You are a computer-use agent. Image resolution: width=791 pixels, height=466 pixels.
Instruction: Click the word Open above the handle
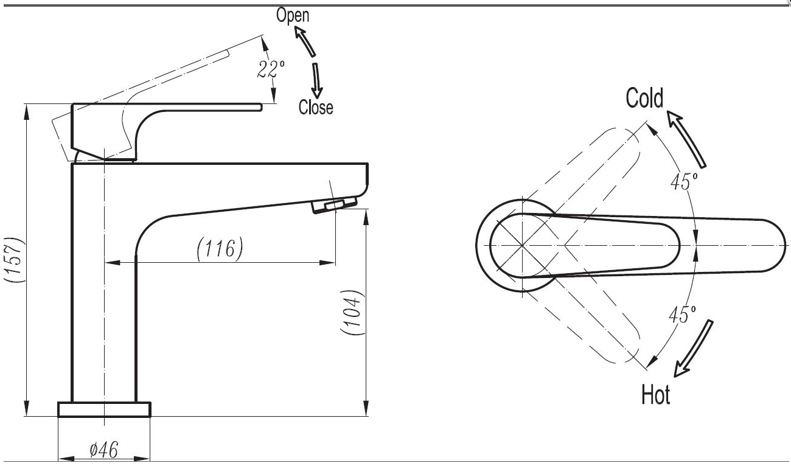293,15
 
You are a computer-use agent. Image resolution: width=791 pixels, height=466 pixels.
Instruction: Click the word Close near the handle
316,108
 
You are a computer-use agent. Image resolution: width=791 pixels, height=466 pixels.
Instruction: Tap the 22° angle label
266,69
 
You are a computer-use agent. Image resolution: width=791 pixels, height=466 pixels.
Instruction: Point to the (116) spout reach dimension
220,248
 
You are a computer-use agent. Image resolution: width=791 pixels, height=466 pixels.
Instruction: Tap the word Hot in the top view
656,395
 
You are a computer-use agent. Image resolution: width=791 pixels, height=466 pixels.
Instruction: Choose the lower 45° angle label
681,315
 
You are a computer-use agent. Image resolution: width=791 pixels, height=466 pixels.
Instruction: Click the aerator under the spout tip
335,205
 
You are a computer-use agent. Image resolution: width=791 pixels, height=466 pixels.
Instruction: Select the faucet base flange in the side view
104,409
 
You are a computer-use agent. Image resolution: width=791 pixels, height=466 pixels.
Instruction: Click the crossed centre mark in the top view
522,245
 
